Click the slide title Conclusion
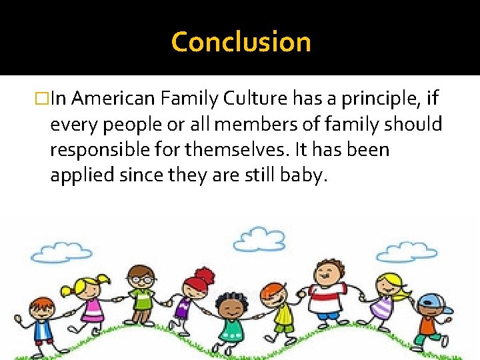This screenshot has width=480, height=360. (241, 42)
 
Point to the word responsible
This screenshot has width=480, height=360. (97, 149)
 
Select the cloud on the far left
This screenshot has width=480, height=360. (61, 251)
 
